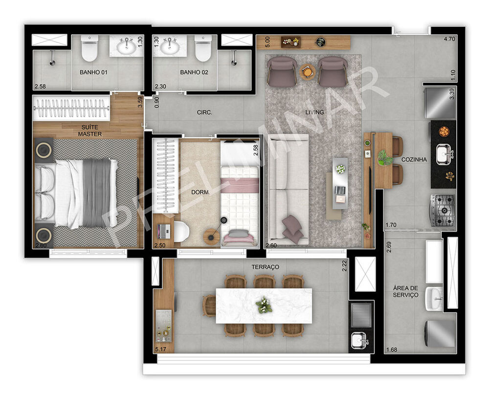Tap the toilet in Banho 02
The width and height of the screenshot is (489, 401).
(202, 48)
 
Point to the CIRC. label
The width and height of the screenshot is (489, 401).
(204, 112)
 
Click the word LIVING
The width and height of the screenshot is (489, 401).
(314, 112)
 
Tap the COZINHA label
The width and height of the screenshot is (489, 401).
(414, 160)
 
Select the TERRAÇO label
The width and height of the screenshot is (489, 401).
(265, 267)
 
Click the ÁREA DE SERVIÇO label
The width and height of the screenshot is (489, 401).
(405, 291)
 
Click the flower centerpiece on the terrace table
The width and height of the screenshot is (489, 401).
(264, 305)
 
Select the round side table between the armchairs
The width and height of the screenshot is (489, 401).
(307, 72)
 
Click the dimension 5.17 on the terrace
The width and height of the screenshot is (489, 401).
(160, 349)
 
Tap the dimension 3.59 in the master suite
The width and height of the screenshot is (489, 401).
(139, 102)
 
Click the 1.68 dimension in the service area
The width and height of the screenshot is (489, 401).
(391, 349)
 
